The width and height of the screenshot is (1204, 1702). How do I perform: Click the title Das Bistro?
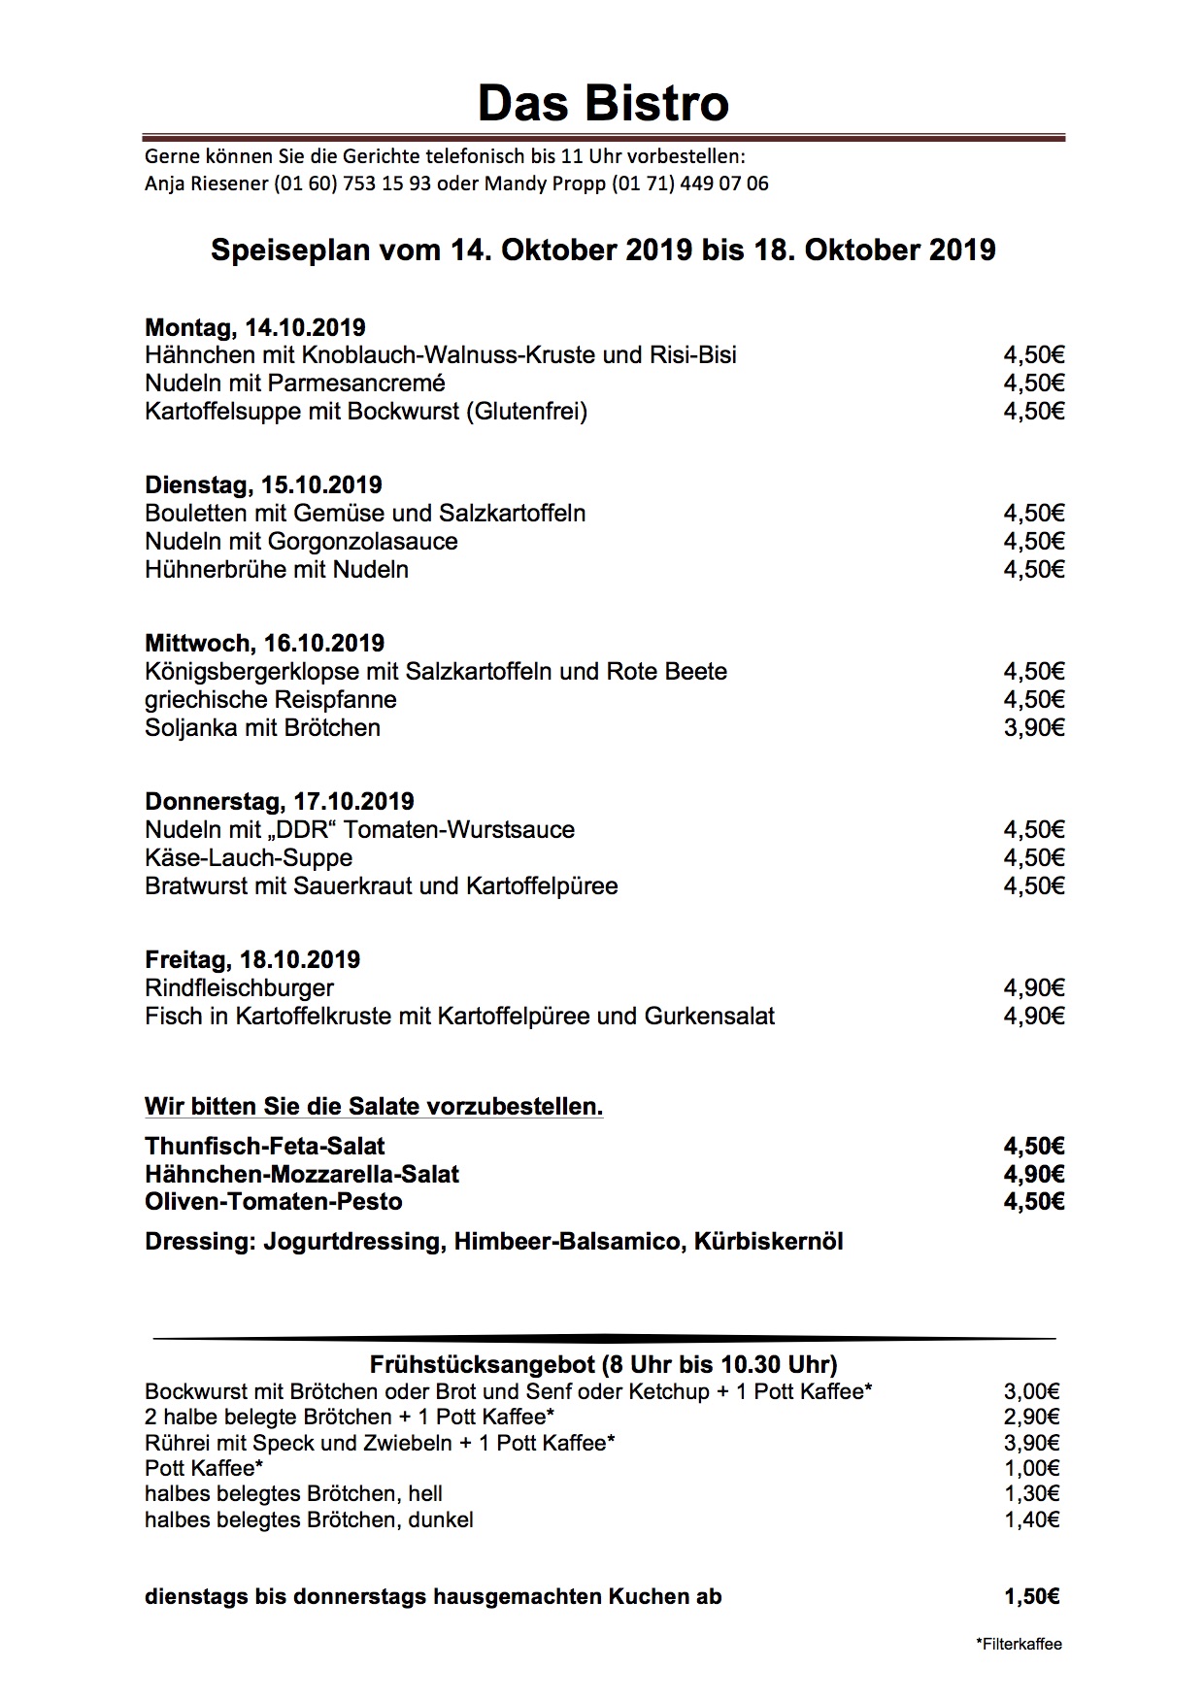click(603, 103)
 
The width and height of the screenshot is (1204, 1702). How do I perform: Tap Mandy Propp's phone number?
click(689, 184)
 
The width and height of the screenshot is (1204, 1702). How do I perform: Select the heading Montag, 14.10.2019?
click(255, 327)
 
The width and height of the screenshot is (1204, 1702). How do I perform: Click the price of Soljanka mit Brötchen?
click(1034, 727)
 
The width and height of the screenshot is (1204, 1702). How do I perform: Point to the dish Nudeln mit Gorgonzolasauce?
click(301, 541)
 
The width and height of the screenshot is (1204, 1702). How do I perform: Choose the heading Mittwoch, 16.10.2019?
click(264, 643)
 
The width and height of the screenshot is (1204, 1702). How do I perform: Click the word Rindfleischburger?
click(239, 987)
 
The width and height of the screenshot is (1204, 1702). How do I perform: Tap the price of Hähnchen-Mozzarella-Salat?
click(1034, 1174)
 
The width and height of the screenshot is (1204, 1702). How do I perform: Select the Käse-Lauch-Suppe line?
click(249, 857)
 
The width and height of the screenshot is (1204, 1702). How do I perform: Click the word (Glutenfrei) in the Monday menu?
click(526, 411)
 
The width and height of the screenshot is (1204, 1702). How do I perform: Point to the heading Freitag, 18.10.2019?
click(252, 959)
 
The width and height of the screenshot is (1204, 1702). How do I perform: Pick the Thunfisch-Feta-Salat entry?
click(265, 1146)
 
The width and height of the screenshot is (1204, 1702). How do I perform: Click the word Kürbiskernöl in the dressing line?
click(768, 1241)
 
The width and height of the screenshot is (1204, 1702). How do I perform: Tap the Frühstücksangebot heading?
click(603, 1365)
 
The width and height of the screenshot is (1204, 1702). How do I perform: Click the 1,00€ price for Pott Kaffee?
click(1031, 1468)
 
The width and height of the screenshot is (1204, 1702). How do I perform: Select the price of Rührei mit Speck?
click(1031, 1443)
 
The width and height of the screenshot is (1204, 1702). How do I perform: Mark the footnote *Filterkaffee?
click(1019, 1644)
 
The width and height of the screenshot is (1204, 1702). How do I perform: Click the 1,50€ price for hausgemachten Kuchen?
click(1031, 1596)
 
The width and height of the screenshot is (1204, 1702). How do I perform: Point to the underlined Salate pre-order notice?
click(374, 1106)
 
